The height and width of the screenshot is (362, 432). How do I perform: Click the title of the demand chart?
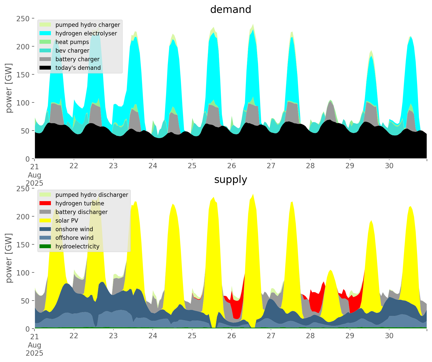point(230,10)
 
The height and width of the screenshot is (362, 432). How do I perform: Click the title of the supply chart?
point(230,180)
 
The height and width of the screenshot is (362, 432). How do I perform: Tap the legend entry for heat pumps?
point(72,42)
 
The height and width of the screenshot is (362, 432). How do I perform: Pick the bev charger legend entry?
point(72,51)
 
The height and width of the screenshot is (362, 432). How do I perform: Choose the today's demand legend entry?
point(78,68)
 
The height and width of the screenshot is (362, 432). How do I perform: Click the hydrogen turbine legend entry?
point(80,203)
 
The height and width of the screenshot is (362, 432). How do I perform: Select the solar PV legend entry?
point(67,221)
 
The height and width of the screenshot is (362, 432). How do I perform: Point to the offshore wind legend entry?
point(74,238)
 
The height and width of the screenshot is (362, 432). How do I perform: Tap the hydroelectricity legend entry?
point(77,246)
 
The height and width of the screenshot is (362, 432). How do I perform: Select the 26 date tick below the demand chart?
point(231,166)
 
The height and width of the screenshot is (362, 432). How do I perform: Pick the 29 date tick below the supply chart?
point(350,336)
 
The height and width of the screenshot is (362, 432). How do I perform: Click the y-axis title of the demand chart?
point(9,88)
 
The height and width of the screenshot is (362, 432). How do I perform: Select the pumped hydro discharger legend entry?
point(92,195)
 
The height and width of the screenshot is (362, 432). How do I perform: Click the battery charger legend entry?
point(77,59)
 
